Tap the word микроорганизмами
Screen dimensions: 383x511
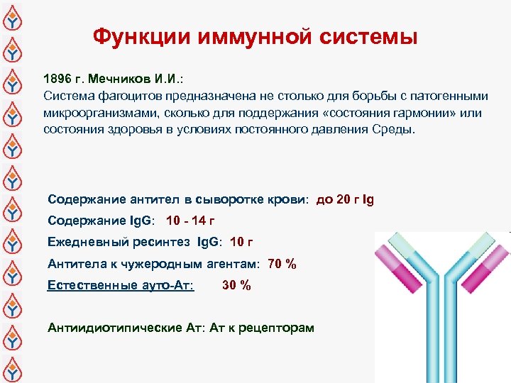(x=93, y=113)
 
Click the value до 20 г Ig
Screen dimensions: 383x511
(x=344, y=200)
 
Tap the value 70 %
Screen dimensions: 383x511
(x=281, y=265)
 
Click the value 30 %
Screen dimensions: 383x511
(x=236, y=286)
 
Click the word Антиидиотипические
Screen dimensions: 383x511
(x=104, y=328)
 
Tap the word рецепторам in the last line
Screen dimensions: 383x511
(x=278, y=328)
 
